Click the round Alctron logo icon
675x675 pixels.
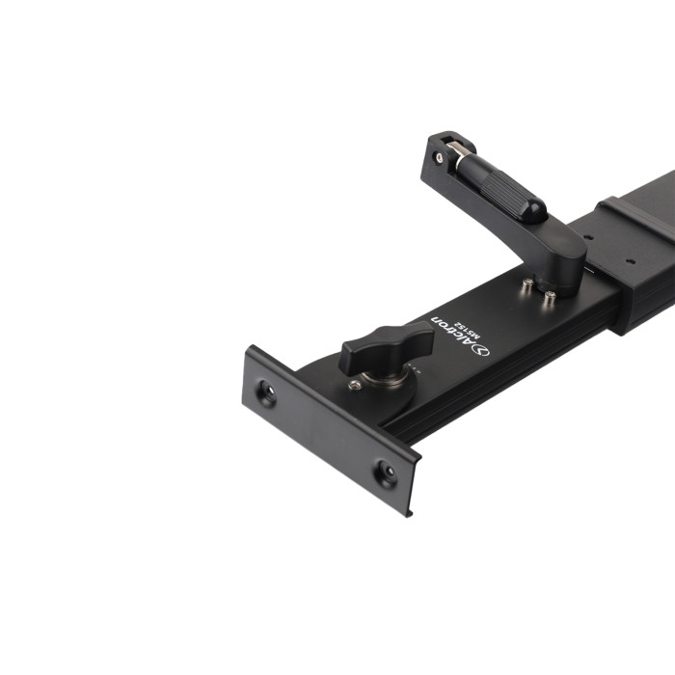pos(481,351)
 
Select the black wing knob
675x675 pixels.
pos(386,348)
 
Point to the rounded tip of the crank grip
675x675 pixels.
pos(538,213)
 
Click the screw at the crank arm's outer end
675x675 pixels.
pos(439,157)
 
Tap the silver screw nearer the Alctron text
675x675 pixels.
pos(527,283)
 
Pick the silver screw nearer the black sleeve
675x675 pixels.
pos(550,296)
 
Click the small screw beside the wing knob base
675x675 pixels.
pos(354,385)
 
